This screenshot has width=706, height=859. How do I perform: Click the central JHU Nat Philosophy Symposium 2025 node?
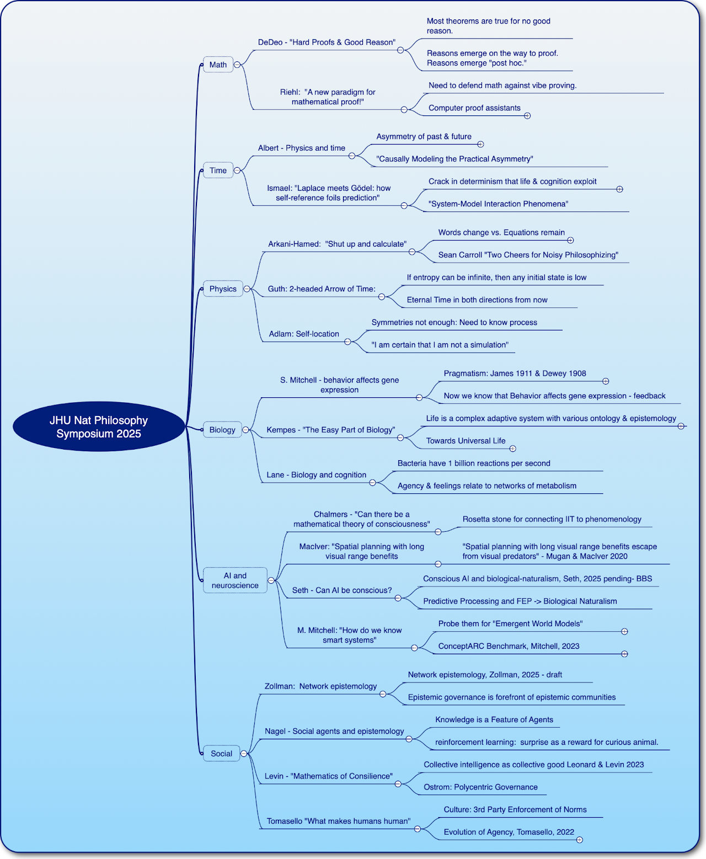[99, 426]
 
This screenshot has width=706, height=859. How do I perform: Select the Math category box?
[218, 65]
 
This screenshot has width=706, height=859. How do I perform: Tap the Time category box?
[218, 170]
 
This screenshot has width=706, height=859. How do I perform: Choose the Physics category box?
[223, 289]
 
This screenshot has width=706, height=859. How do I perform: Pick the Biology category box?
[222, 430]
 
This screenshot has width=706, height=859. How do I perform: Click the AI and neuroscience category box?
[235, 580]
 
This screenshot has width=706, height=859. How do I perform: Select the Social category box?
[221, 754]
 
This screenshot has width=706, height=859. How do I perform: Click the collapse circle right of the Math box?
[237, 65]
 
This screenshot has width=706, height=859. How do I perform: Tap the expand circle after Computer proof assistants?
[527, 116]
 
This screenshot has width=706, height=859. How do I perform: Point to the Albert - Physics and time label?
[302, 148]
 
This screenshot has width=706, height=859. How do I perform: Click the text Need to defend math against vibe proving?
[502, 86]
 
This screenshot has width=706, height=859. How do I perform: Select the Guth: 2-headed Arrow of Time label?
[322, 289]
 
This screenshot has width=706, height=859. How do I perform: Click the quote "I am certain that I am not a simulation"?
[440, 345]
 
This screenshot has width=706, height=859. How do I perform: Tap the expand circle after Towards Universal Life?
[512, 449]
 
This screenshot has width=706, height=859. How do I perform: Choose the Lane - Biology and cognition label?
[317, 475]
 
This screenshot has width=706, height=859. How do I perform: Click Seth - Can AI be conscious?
[342, 590]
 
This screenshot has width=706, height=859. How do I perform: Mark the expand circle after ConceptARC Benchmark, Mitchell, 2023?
[624, 654]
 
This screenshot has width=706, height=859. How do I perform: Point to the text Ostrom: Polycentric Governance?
[480, 787]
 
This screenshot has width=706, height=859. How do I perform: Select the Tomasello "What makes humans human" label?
[339, 821]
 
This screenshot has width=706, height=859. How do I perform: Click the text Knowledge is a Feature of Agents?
[494, 719]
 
